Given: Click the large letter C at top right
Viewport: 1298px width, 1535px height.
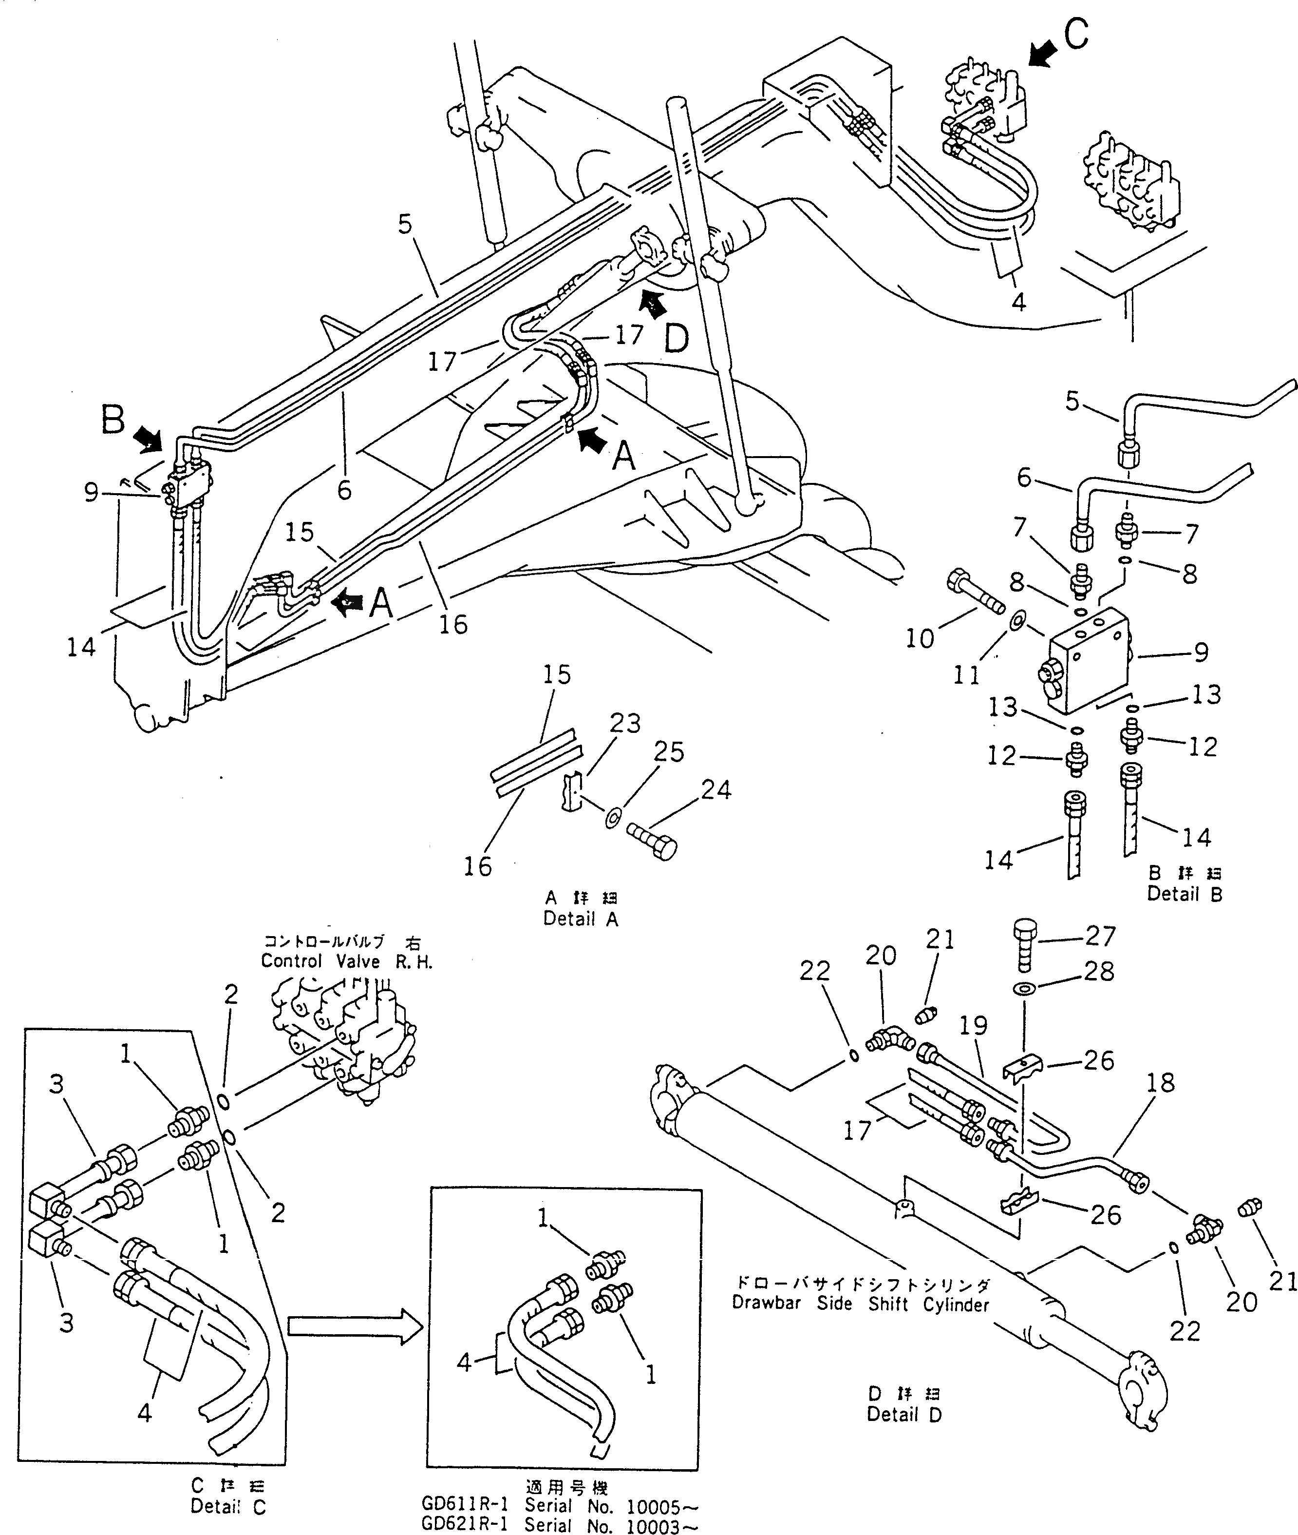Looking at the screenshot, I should pyautogui.click(x=1076, y=35).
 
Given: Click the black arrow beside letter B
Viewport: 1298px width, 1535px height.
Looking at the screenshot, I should pyautogui.click(x=150, y=440).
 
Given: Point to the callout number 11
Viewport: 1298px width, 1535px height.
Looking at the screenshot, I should pyautogui.click(x=966, y=675).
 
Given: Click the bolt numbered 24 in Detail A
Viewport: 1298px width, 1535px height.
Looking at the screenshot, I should pyautogui.click(x=652, y=840).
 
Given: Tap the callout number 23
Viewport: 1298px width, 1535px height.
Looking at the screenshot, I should pyautogui.click(x=625, y=724).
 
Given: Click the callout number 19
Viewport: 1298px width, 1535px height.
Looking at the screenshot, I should pyautogui.click(x=974, y=1026).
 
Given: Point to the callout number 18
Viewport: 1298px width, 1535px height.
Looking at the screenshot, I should pyautogui.click(x=1160, y=1082).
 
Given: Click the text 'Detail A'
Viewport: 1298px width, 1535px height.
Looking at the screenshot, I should pyautogui.click(x=581, y=919).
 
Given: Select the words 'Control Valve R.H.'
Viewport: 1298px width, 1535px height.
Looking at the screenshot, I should pyautogui.click(x=347, y=961).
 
